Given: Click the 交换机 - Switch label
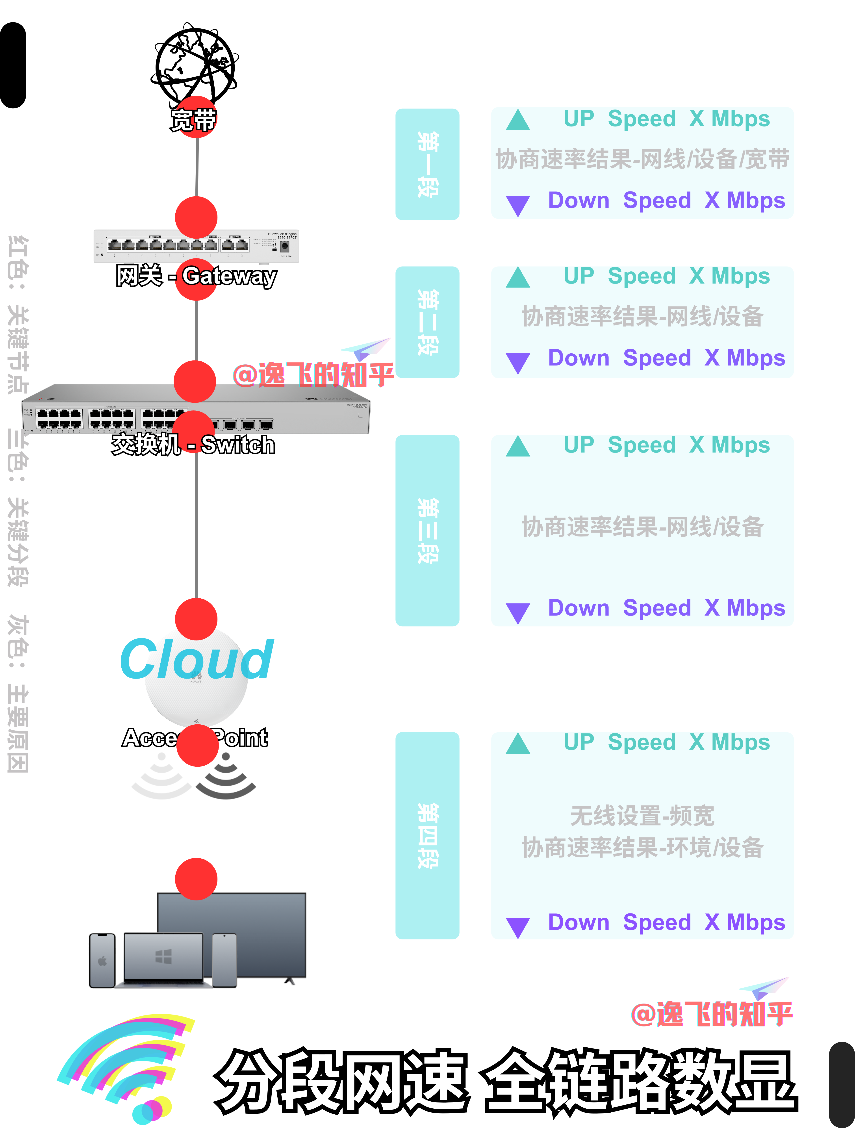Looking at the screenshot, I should click(193, 444).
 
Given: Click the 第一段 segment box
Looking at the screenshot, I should click(427, 164).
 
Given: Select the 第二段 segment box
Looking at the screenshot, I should click(427, 322).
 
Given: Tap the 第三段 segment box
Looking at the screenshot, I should click(427, 531).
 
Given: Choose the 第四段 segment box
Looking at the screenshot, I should click(427, 835).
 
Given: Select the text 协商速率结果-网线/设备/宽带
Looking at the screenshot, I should click(642, 159).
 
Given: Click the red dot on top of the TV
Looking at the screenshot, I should click(196, 879).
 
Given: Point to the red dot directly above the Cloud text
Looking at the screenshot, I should click(196, 619).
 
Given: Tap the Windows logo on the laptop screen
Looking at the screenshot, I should click(164, 956).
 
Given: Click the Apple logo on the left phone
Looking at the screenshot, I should click(102, 961).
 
